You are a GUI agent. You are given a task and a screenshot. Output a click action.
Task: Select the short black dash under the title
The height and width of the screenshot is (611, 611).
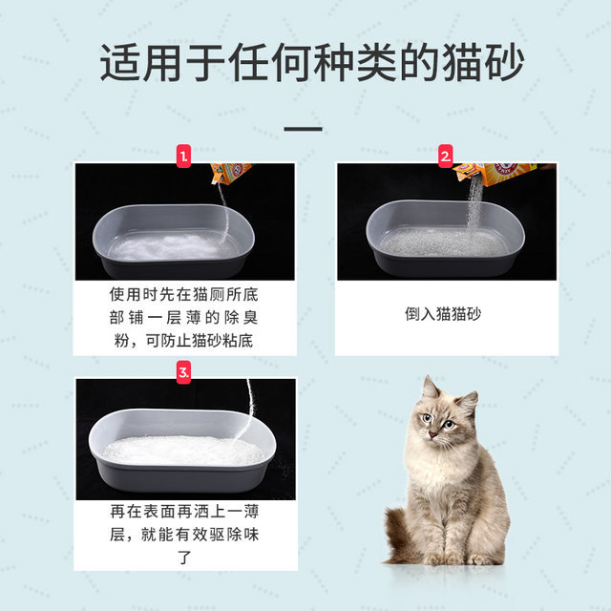[305, 128]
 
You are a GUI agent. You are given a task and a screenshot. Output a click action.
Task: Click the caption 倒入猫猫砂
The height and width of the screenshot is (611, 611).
[445, 312]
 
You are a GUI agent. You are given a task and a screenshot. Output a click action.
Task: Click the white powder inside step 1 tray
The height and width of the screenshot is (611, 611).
[172, 245]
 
